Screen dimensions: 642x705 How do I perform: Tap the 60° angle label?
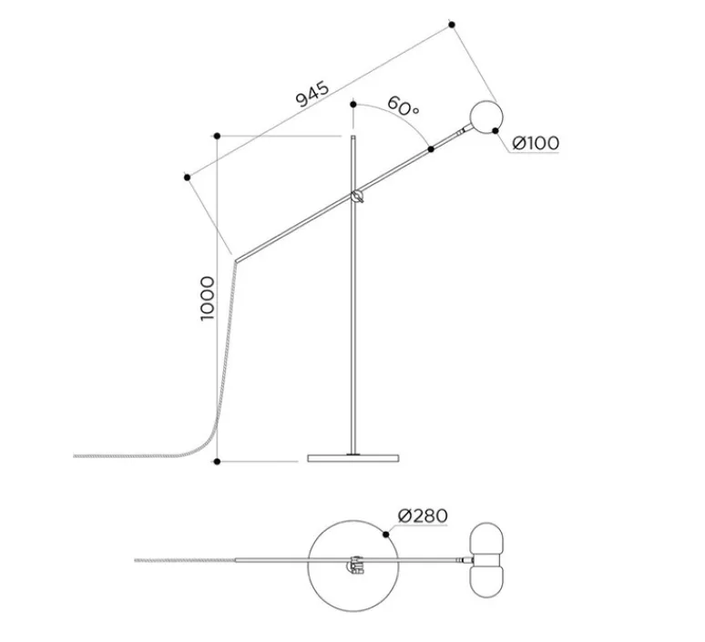click(x=403, y=107)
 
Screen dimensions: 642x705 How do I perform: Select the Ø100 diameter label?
click(x=536, y=143)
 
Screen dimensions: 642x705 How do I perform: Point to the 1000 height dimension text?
click(x=208, y=299)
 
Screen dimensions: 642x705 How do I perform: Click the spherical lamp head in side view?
click(x=485, y=117)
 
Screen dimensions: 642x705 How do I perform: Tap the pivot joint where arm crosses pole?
click(x=356, y=195)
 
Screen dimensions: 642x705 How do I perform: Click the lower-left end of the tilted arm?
click(x=237, y=258)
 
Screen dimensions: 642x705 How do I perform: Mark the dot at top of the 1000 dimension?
click(x=217, y=137)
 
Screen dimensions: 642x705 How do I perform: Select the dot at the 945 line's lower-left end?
click(x=186, y=174)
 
